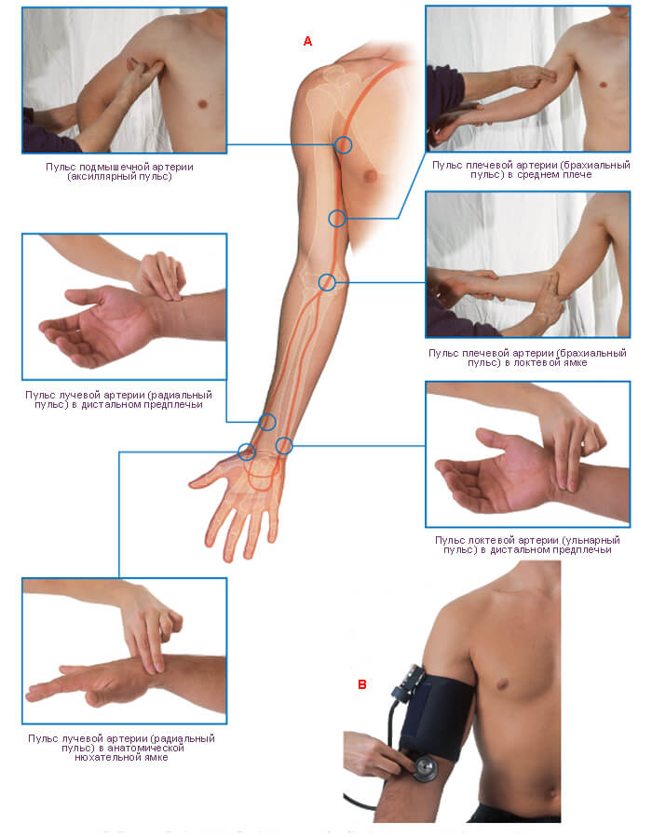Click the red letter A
point(307,41)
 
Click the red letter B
point(362,684)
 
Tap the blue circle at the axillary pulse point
point(344,144)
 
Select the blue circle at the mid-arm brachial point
point(337,218)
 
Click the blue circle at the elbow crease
point(327,282)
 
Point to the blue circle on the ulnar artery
point(284,445)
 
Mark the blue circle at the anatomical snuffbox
point(247,452)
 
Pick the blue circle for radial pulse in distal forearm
point(267,422)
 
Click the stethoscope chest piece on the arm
point(425,769)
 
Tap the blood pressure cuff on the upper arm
point(434,712)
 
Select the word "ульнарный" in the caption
point(590,540)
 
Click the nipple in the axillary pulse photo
point(202,103)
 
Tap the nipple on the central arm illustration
point(368,174)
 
